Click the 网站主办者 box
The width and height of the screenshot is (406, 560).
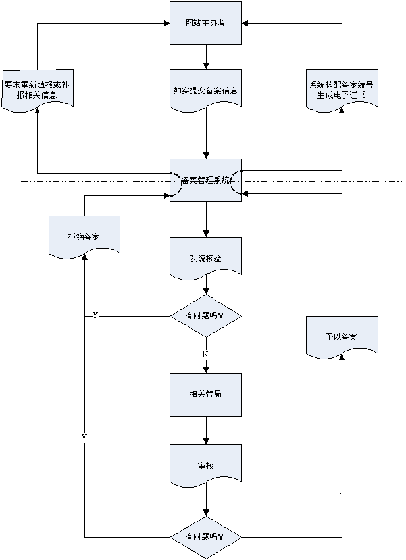pos(206,23)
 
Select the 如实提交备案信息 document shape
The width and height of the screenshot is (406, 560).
pos(206,90)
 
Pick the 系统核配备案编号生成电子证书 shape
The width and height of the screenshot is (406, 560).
pos(342,89)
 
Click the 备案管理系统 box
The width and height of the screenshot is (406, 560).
pos(206,179)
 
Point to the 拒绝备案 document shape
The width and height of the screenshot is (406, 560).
pos(84,236)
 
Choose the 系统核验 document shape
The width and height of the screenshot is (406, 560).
pos(206,257)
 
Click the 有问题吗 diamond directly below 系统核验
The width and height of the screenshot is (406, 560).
pos(206,316)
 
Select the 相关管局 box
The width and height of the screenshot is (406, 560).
pos(206,394)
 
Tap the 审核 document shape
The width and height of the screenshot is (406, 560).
pos(206,465)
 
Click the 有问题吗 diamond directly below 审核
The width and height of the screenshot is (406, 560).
pos(206,536)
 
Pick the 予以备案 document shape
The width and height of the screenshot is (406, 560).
pos(342,336)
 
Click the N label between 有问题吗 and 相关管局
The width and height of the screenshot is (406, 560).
pos(205,355)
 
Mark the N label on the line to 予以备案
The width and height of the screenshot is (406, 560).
pos(342,494)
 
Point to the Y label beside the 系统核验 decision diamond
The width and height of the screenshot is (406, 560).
pos(95,316)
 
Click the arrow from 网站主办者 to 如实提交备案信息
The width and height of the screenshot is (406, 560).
pos(206,57)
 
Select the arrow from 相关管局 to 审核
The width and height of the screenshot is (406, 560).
pos(206,430)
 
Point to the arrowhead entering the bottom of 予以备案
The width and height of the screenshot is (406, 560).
pos(342,359)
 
